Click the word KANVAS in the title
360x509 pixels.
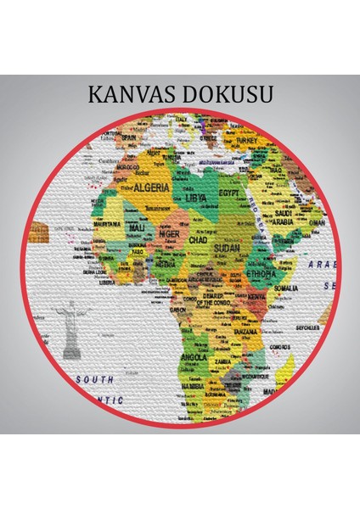coord(134,94)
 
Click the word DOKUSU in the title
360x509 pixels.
coord(226,94)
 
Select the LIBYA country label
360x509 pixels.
coord(196,198)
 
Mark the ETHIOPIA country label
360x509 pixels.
coord(267,274)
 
